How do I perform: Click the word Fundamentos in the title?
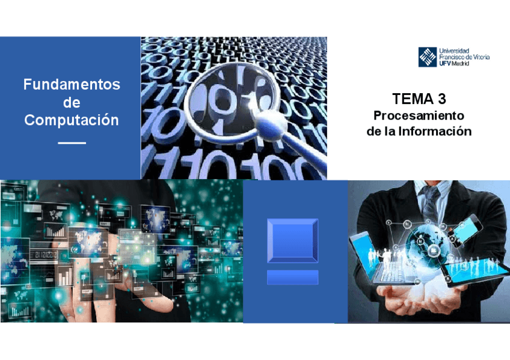pos(72,85)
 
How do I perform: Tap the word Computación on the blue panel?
pos(72,120)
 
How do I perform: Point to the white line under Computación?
pos(72,143)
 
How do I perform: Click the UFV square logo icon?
pos(428,56)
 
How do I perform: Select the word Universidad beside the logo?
pos(455,50)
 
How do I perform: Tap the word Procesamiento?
pos(419,115)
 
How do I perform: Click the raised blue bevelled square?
pos(292,240)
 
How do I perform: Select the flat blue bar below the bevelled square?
pos(292,277)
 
